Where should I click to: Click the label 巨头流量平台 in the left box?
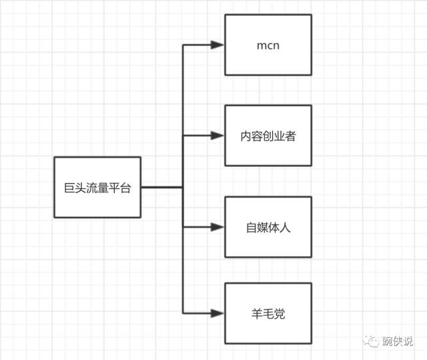tap(97, 188)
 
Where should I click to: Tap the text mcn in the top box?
tap(268, 45)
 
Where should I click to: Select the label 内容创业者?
tap(268, 136)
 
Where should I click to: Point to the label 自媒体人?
tap(268, 228)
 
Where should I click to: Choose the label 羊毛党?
tap(268, 313)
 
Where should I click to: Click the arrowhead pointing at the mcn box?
tap(217, 45)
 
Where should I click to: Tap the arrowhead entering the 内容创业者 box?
tap(217, 136)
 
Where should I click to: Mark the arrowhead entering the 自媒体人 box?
tap(217, 227)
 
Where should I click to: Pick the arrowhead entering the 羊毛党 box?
tap(217, 313)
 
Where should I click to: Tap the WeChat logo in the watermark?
tap(370, 342)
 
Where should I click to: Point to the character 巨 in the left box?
tap(60, 188)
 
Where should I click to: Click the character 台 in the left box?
tap(135, 188)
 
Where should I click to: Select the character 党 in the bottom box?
tap(280, 313)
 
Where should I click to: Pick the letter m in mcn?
tap(260, 46)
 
